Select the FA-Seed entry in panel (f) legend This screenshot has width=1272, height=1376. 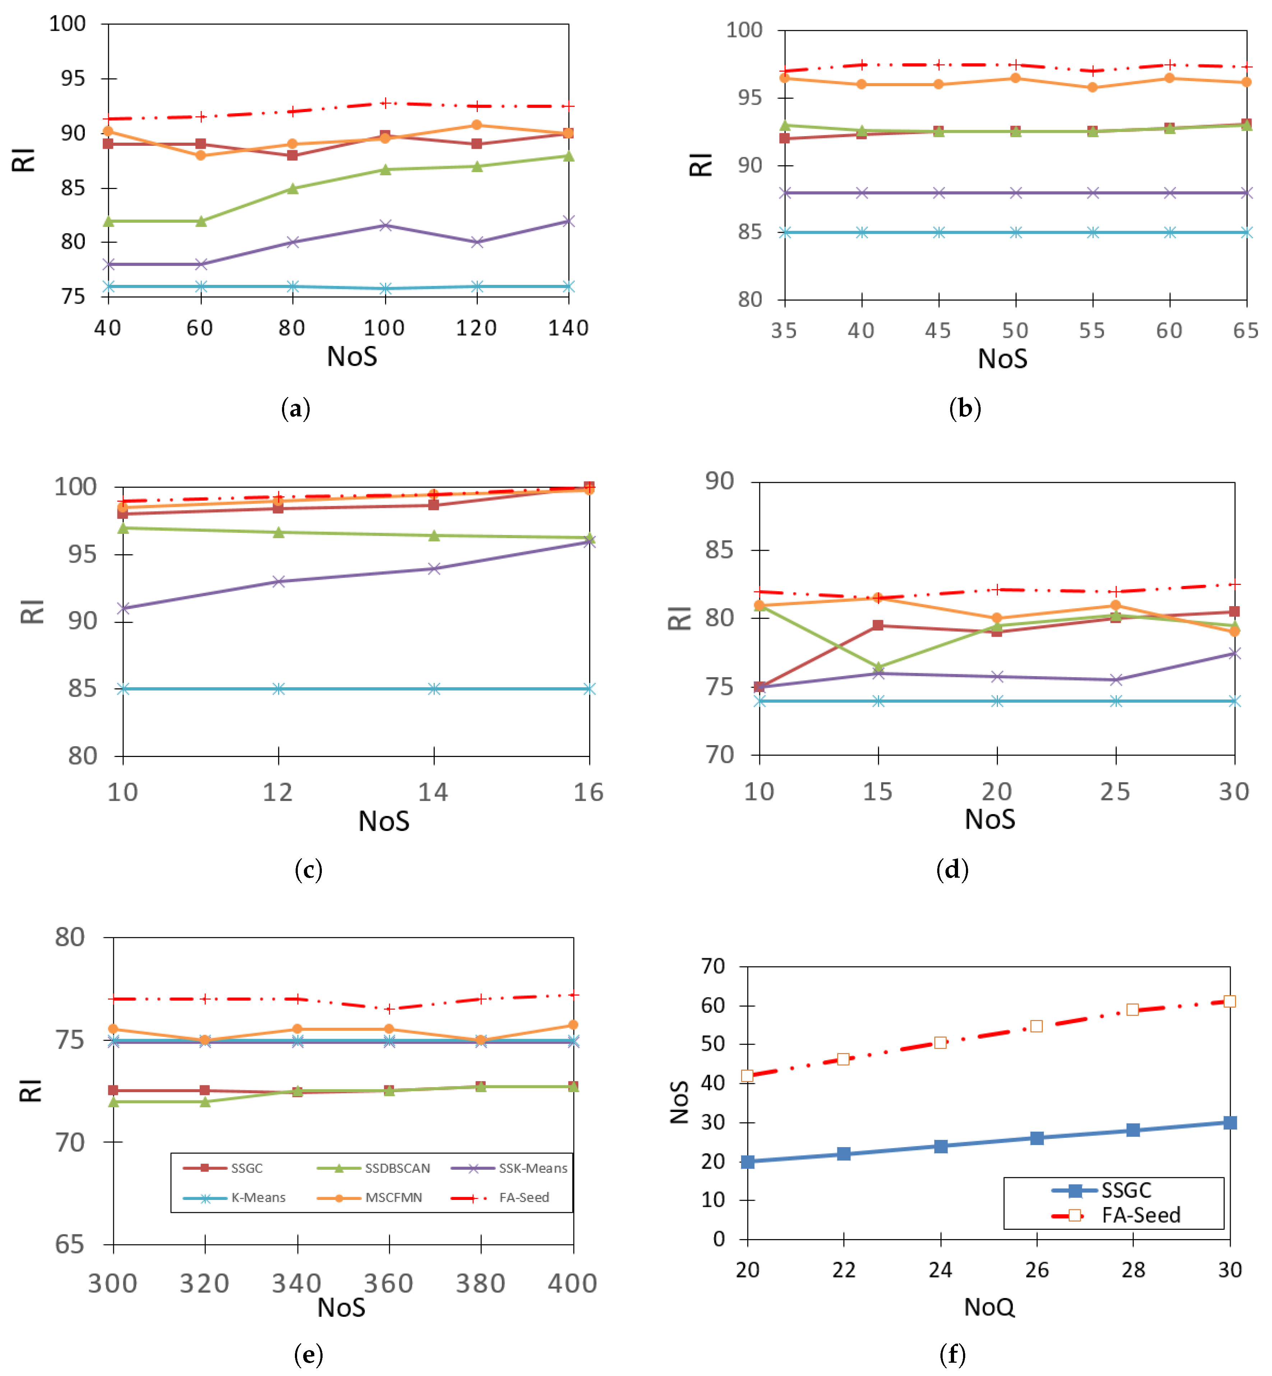(x=1140, y=1215)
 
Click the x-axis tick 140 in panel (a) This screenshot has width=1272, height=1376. (x=568, y=328)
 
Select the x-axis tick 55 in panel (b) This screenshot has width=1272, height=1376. (x=1092, y=331)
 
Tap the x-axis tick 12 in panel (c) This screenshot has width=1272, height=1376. (x=278, y=792)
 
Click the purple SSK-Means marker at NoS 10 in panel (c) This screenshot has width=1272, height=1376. (x=123, y=609)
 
